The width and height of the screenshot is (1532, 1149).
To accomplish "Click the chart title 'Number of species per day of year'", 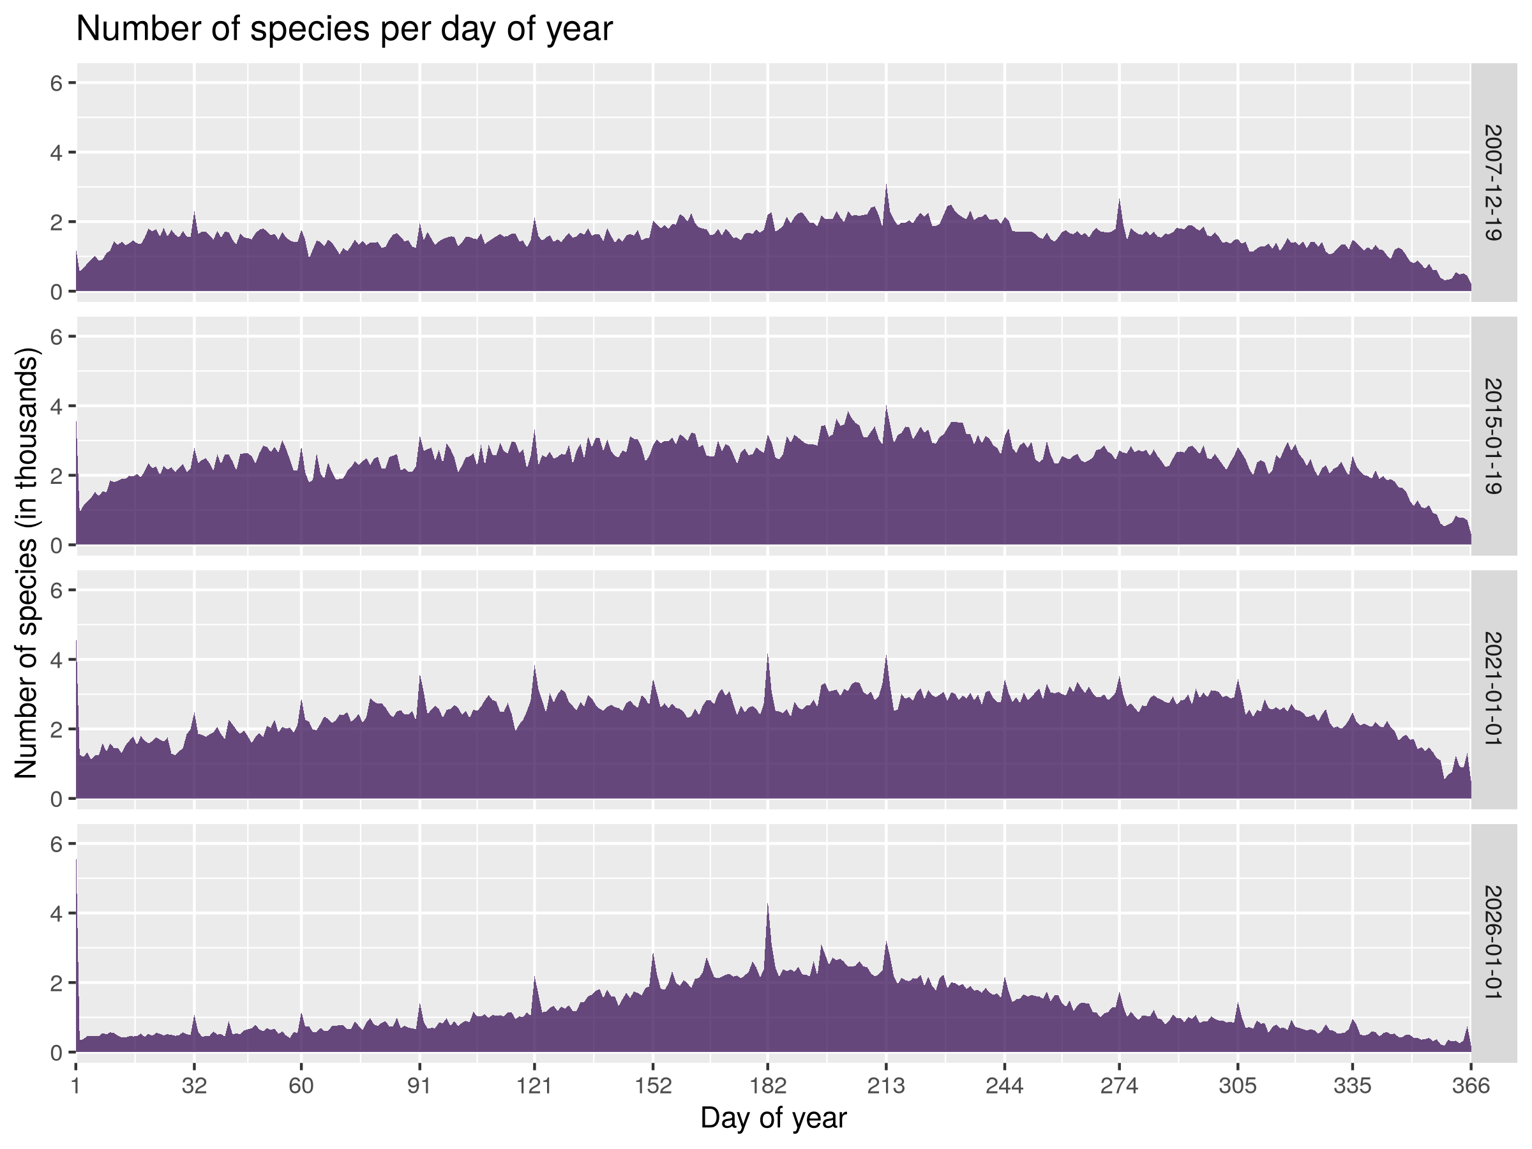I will (344, 30).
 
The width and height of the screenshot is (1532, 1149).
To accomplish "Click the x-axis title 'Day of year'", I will (773, 1118).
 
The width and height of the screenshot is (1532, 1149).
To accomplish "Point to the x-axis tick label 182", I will (767, 1085).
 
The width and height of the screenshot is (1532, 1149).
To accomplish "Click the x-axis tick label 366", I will (1470, 1085).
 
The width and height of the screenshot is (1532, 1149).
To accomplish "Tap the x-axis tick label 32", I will (194, 1085).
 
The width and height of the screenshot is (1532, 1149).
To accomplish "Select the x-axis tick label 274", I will (1119, 1085).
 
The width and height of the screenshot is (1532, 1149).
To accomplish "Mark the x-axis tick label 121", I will (534, 1085).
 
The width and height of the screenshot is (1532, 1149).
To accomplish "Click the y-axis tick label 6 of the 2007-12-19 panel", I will (57, 83).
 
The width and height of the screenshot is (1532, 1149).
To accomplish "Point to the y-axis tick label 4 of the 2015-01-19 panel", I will (57, 407).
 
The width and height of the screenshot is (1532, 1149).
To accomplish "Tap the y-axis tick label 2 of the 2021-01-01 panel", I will (57, 729).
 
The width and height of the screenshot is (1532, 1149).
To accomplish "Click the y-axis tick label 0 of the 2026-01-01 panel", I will (57, 1053).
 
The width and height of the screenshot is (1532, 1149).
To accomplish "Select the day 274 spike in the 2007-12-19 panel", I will (1119, 202).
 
